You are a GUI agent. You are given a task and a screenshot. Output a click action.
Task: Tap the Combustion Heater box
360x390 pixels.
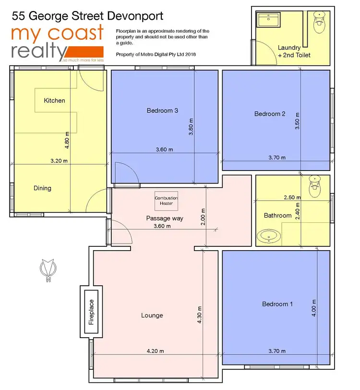166,201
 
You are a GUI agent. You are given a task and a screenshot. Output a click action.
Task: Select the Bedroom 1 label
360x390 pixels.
277,304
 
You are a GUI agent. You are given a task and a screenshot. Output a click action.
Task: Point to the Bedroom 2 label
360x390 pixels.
270,114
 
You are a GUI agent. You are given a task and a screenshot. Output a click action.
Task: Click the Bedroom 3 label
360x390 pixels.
162,110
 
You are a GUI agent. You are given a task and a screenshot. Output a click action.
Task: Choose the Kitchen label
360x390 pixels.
54,100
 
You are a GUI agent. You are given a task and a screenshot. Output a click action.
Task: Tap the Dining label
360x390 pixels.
42,188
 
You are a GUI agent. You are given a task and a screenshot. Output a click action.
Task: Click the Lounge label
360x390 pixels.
152,315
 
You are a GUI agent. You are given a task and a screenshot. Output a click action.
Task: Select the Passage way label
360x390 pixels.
165,218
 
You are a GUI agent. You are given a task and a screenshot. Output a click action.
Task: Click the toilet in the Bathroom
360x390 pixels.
315,186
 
